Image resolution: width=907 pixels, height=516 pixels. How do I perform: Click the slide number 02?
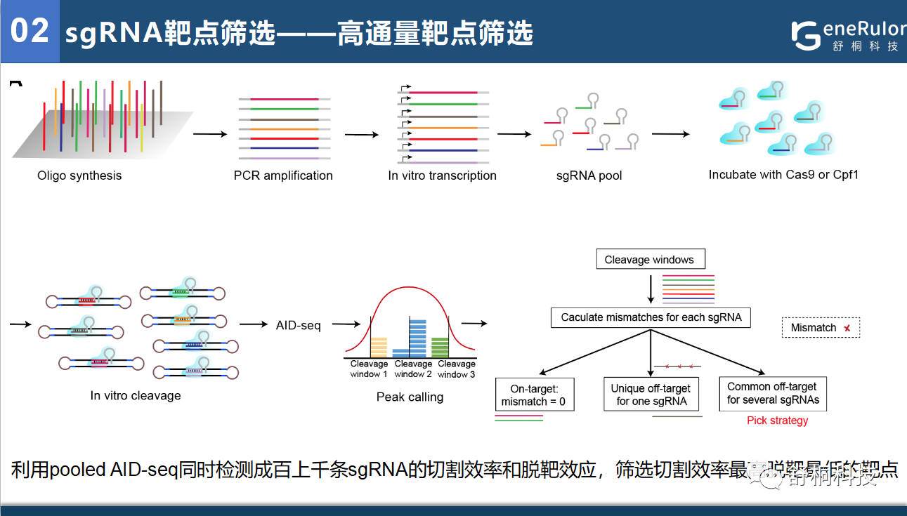pos(30,31)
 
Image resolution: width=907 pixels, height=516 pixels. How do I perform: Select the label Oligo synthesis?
pos(79,176)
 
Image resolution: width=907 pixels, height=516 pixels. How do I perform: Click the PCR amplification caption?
pos(283,176)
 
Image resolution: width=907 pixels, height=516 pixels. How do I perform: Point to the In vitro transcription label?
pos(442,176)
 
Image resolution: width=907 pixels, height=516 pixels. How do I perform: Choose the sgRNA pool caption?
pos(589,176)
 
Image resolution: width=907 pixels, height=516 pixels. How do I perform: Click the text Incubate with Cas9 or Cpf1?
pos(783,174)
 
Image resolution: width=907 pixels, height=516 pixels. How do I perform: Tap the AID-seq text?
pos(299,325)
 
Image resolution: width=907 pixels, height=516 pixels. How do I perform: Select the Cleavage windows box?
pos(649,260)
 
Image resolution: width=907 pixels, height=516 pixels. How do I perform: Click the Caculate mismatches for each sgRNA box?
pos(651,317)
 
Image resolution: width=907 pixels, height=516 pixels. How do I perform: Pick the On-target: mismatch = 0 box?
pos(533,395)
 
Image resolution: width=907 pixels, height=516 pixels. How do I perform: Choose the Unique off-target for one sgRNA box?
pos(651,395)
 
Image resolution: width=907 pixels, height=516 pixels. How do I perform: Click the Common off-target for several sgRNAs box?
pos(773,393)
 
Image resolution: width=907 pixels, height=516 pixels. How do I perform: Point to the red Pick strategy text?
pos(777,421)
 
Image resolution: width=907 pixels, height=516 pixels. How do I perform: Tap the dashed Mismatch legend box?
pos(821,328)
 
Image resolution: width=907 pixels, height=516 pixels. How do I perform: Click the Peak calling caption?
pos(410,397)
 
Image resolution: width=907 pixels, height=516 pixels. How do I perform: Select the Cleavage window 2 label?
pos(413,369)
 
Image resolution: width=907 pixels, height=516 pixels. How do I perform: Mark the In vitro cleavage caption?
pos(136,396)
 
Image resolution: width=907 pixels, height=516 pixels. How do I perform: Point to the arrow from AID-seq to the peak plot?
pos(346,324)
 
